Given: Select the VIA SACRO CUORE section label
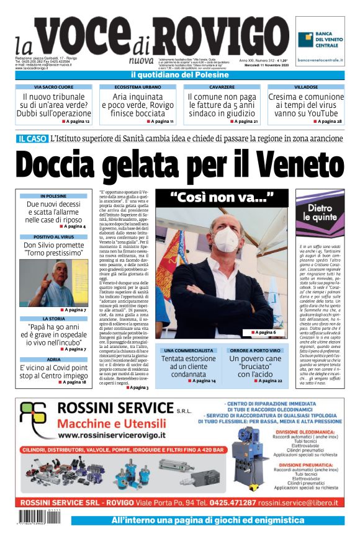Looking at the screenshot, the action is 53,87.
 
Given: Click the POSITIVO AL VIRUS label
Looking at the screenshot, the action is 53,236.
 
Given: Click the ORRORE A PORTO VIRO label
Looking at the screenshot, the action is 256,350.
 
